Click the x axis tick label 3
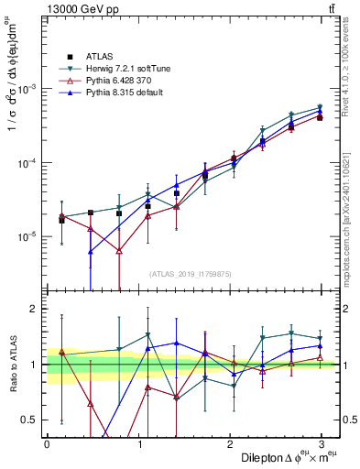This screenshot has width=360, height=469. (322, 444)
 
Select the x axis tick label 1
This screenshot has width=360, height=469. (138, 444)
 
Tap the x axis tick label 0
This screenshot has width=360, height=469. (47, 444)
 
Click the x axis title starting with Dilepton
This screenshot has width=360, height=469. (282, 457)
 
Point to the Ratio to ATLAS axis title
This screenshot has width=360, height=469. (12, 365)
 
